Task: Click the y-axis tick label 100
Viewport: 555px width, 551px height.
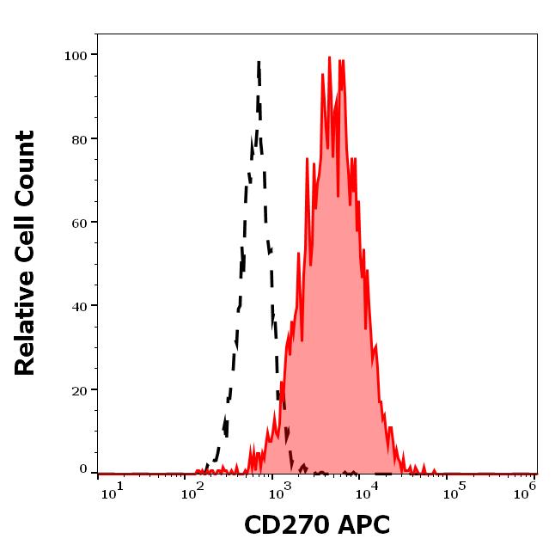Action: pos(76,56)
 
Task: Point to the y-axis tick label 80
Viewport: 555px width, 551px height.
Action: pos(79,139)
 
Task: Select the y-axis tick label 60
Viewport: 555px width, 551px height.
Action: pos(79,223)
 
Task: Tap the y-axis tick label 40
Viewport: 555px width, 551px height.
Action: pos(79,306)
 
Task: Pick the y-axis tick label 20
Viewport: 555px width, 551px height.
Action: pos(79,389)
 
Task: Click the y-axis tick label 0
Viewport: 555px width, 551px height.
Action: pos(83,470)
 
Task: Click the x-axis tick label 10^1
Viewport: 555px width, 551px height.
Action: pos(113,489)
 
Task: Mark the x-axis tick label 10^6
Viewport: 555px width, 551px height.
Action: pos(526,487)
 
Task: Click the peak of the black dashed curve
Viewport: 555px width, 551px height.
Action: pos(258,62)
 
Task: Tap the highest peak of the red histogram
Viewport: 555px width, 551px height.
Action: pos(329,58)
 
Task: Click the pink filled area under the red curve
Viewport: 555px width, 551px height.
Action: pos(331,301)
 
